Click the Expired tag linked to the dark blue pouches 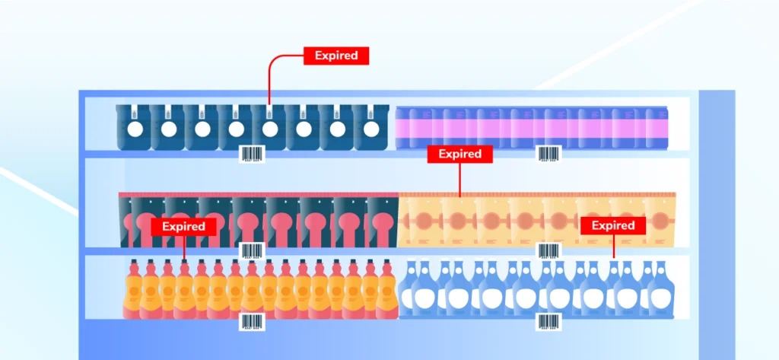click(336, 56)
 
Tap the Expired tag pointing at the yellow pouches click(460, 154)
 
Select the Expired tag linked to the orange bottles click(183, 227)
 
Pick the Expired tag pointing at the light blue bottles click(613, 225)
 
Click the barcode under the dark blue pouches click(252, 154)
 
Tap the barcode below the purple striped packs click(548, 154)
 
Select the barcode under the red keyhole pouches click(252, 251)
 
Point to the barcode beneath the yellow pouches click(548, 251)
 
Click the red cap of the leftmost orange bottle click(134, 264)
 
